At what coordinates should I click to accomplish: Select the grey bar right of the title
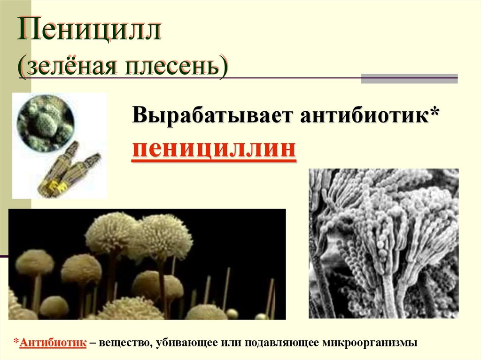pos(409,78)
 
